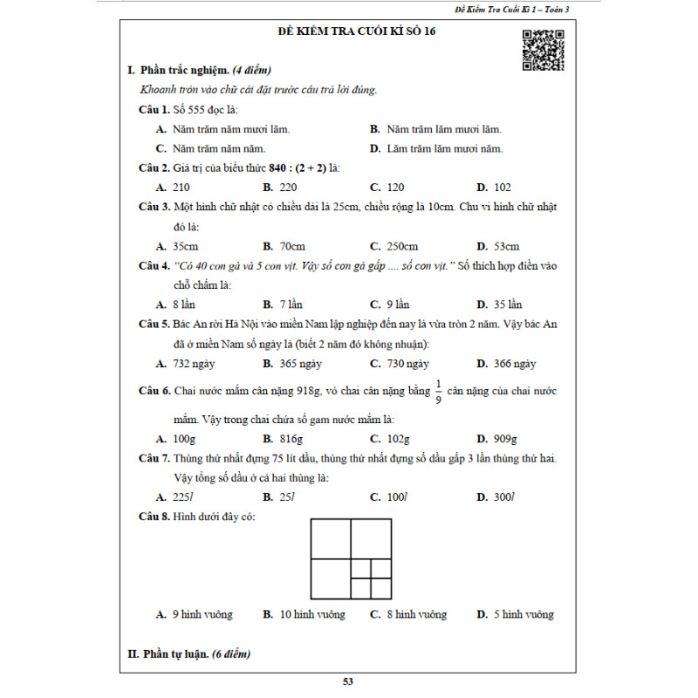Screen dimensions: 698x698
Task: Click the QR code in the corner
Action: pos(544,50)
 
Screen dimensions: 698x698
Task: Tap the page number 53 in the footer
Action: pos(349,682)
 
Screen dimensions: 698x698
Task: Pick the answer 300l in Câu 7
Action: pos(503,496)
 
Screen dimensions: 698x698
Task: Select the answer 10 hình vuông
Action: pos(311,614)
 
